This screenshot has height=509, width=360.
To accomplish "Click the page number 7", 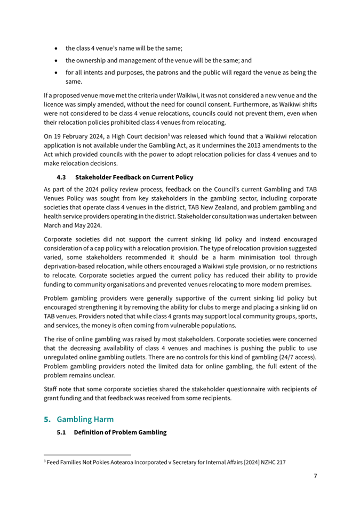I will click(x=315, y=476).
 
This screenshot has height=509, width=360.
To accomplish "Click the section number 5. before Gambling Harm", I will click(x=47, y=420).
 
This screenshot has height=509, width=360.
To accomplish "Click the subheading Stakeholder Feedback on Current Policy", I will click(x=134, y=177).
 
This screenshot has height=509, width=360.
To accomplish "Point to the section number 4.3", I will click(x=61, y=177).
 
